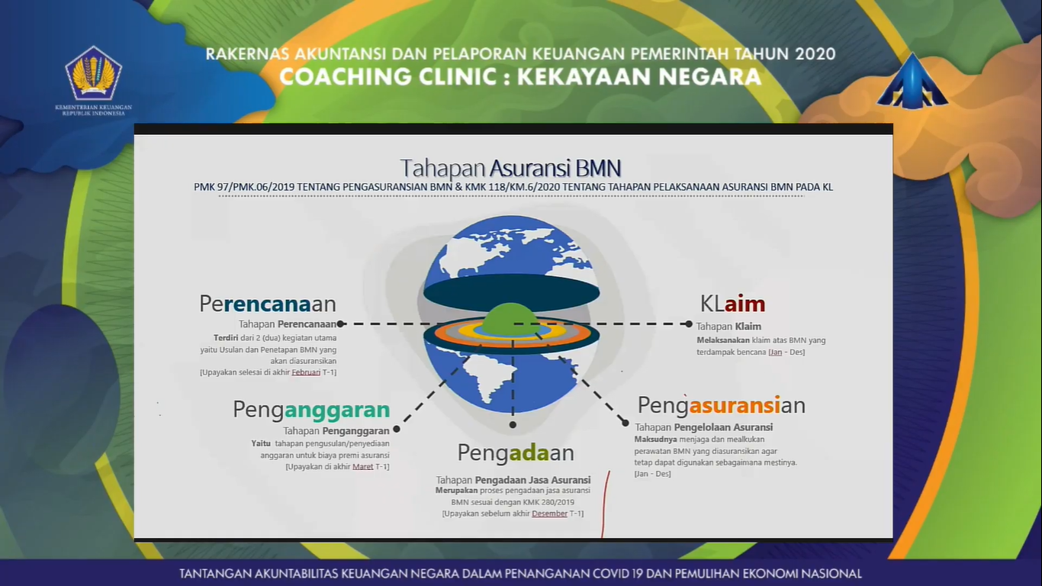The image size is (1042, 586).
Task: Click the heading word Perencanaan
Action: [268, 304]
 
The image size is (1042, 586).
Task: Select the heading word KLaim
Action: [732, 304]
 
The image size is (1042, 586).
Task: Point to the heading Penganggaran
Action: [311, 410]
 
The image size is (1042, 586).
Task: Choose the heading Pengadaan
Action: [516, 452]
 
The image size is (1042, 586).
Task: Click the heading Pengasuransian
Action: [722, 405]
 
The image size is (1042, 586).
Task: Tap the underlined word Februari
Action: [306, 372]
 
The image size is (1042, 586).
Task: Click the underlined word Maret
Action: [363, 466]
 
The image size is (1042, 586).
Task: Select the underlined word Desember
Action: [549, 514]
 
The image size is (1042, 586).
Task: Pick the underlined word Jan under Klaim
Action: [776, 353]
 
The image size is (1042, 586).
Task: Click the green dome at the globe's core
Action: [510, 318]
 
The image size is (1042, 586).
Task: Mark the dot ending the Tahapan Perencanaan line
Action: [340, 324]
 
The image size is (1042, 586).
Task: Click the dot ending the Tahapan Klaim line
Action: [689, 324]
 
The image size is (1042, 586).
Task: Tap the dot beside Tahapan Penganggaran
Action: [397, 429]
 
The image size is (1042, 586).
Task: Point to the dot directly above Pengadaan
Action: [513, 424]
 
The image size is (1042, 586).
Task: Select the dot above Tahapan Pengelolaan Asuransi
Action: [626, 423]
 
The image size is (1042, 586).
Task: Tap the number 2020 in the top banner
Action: [815, 54]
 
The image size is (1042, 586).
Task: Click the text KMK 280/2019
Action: [548, 502]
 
